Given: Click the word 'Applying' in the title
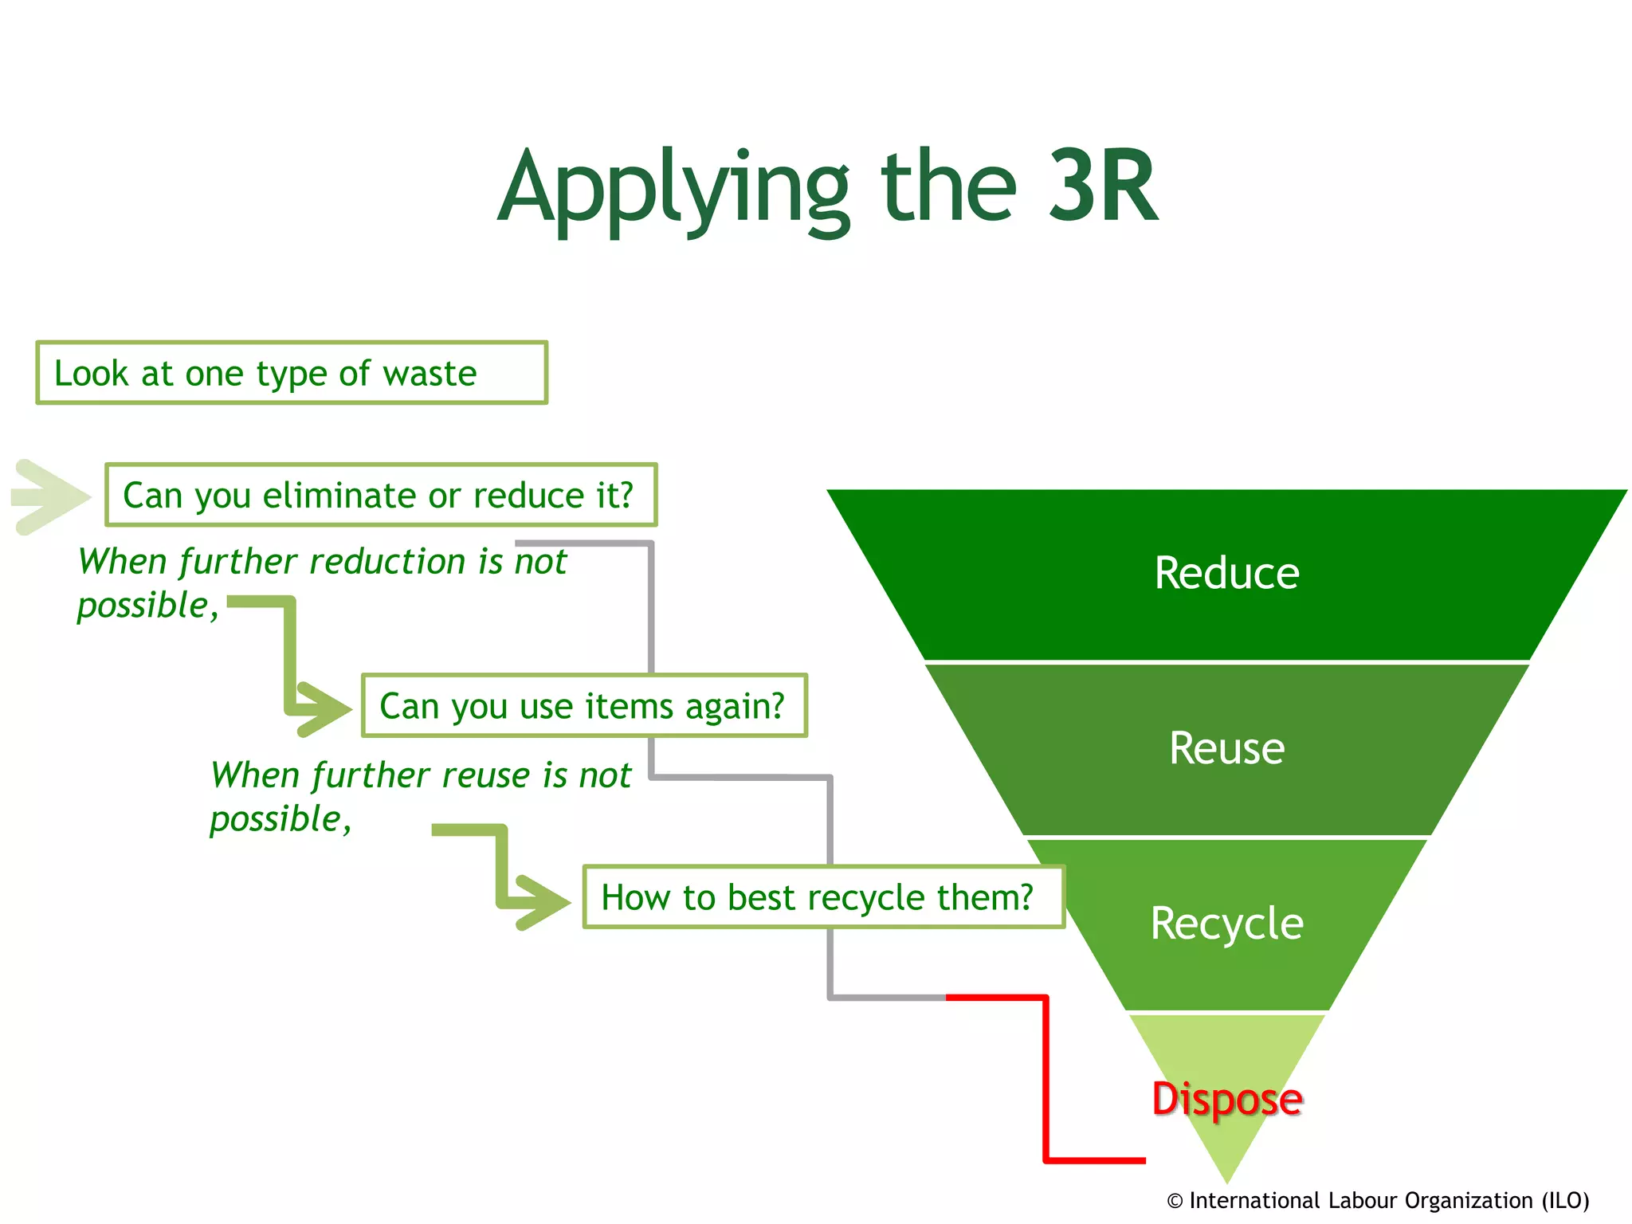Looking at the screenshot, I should click(x=673, y=191).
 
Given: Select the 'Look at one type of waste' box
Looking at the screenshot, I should click(x=292, y=373).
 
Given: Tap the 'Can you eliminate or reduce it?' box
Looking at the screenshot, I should click(x=381, y=495).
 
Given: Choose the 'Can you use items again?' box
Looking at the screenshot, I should click(x=584, y=706).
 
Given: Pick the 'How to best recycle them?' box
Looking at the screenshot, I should click(x=823, y=897).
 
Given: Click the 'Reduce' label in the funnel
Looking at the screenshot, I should click(x=1226, y=573).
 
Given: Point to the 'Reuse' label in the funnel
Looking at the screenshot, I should click(x=1226, y=748).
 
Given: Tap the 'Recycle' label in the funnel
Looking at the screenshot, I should click(x=1226, y=924).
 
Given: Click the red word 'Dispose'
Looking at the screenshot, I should click(x=1226, y=1099).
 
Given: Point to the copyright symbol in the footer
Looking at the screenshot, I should click(x=1175, y=1201).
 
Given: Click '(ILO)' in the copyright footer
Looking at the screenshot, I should click(x=1565, y=1200).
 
